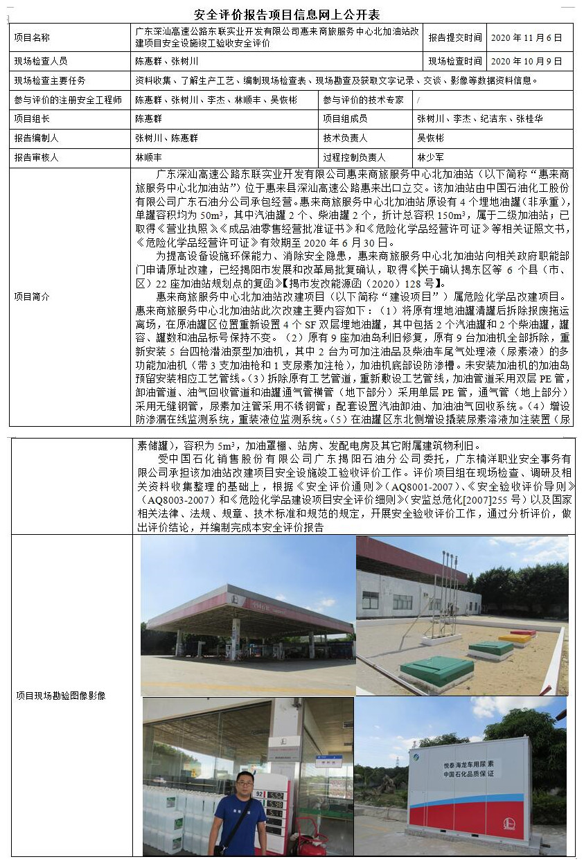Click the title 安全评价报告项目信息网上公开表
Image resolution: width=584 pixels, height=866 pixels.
tap(287, 15)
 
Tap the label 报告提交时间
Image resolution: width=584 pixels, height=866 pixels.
tap(455, 37)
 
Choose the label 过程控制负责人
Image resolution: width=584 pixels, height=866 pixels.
tap(355, 157)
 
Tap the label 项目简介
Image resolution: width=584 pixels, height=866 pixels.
tap(32, 296)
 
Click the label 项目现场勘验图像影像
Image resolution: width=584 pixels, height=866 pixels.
tap(61, 695)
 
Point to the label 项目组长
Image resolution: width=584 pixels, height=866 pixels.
tap(32, 118)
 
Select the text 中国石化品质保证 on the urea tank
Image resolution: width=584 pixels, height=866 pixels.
tap(468, 772)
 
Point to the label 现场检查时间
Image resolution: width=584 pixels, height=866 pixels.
tap(455, 61)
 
